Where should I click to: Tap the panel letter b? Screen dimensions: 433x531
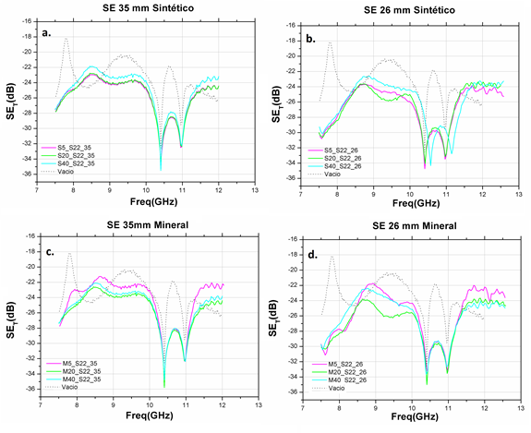[x=311, y=40]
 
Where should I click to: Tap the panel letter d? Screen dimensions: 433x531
[x=311, y=254]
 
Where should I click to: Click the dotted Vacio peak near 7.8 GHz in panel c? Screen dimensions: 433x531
[x=69, y=253]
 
